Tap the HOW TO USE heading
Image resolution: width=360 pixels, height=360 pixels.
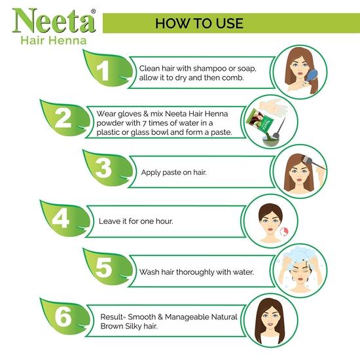click(199, 24)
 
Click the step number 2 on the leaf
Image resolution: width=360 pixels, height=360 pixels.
click(63, 118)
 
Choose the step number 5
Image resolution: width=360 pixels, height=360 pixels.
click(103, 268)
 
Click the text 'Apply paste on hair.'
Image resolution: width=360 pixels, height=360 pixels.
click(173, 173)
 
